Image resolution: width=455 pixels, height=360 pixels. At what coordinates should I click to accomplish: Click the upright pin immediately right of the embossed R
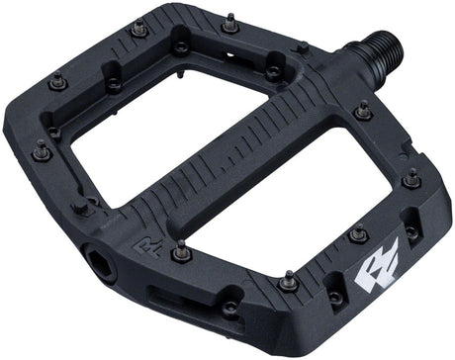tap(180, 254)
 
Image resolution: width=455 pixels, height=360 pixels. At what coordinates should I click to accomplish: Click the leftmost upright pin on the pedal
tap(43, 151)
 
